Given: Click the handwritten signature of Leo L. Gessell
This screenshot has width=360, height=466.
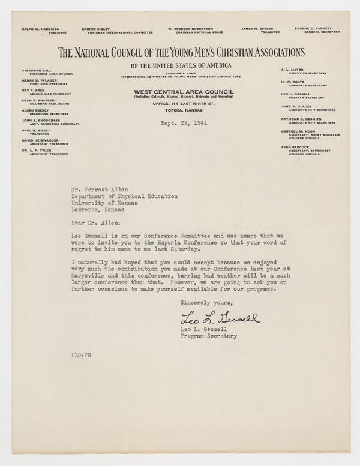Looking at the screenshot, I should (220, 317).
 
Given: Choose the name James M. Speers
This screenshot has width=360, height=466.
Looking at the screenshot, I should (254, 28).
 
